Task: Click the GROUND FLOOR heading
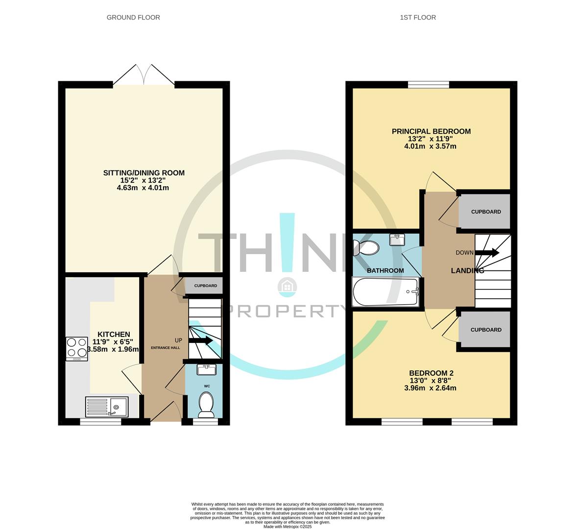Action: pos(133,17)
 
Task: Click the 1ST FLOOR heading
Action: pos(418,17)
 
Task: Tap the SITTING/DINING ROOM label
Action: pos(144,172)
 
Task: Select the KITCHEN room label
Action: pos(113,334)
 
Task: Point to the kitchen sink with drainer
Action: pos(107,407)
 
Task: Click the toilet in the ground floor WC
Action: pos(207,404)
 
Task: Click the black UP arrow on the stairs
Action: pos(200,340)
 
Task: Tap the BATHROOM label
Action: pos(385,270)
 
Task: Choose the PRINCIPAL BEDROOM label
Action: pos(431,131)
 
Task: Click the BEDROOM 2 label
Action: pos(431,372)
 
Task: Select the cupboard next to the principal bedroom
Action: pos(486,212)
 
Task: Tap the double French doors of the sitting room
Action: pos(144,76)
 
